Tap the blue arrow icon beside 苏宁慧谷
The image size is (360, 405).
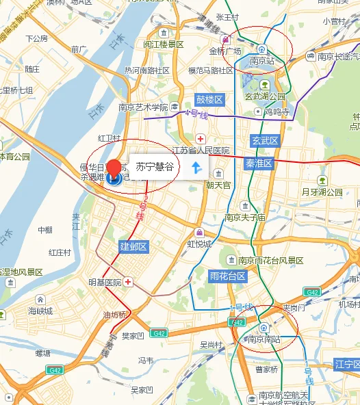click(196, 167)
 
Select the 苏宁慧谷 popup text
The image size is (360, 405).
click(153, 167)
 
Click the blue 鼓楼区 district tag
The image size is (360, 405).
click(209, 100)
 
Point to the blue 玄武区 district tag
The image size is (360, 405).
click(265, 141)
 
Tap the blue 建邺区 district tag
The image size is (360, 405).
click(133, 246)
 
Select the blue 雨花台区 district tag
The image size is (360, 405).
click(227, 276)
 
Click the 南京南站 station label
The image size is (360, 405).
click(264, 339)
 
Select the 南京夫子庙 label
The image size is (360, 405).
click(244, 218)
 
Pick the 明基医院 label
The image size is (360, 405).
click(104, 283)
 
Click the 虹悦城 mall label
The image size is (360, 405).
click(199, 244)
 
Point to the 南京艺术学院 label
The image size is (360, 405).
click(143, 107)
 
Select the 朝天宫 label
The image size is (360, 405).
click(218, 185)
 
